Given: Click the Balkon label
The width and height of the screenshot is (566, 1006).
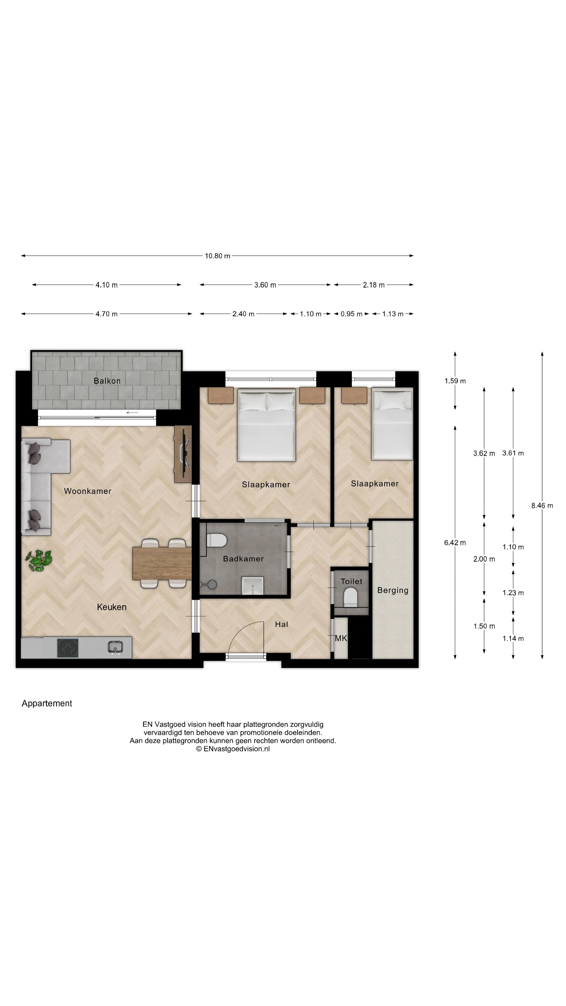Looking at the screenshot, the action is click(x=107, y=381).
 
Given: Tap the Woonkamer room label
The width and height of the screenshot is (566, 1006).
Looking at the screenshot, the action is click(x=88, y=491).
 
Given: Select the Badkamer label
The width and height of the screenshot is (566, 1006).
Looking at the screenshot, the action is click(x=243, y=559).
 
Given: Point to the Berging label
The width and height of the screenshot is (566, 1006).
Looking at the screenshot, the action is click(x=393, y=591).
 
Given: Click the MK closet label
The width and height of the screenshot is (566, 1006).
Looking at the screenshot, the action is click(x=341, y=638).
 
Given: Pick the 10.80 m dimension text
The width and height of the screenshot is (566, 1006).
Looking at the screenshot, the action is click(x=217, y=256).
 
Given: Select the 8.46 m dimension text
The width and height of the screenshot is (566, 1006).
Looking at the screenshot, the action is click(x=542, y=506).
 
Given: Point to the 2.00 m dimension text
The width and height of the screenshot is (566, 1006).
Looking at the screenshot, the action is click(x=484, y=559).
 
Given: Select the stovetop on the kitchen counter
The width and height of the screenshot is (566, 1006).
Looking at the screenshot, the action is click(x=68, y=648).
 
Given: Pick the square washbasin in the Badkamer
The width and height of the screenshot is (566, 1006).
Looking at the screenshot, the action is click(x=252, y=586).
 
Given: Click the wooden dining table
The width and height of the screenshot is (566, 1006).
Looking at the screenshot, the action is click(x=162, y=564).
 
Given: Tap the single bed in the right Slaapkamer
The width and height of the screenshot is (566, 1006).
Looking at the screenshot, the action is click(x=392, y=423).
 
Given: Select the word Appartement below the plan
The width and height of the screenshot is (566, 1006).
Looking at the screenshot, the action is click(x=47, y=703).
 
